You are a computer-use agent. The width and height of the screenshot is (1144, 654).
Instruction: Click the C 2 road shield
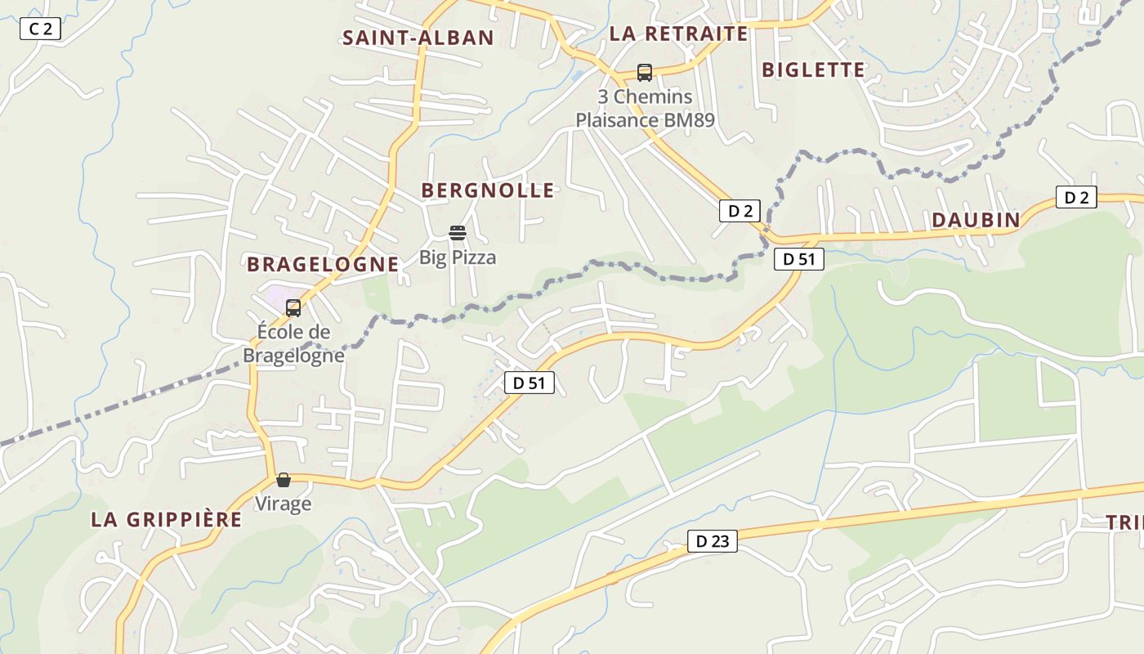pyautogui.click(x=40, y=29)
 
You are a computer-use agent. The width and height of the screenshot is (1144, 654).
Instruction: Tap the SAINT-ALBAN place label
pyautogui.click(x=418, y=38)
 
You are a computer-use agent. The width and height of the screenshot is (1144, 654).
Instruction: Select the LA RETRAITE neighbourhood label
pyautogui.click(x=678, y=34)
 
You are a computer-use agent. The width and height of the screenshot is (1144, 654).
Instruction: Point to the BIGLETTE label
pyautogui.click(x=813, y=70)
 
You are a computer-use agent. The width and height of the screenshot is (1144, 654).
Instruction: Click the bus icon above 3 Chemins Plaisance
pyautogui.click(x=645, y=73)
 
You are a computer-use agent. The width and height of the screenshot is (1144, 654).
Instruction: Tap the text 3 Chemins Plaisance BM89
pyautogui.click(x=645, y=109)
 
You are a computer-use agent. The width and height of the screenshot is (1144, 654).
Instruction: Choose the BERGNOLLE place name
pyautogui.click(x=488, y=190)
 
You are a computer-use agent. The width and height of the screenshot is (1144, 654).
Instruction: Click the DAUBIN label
pyautogui.click(x=976, y=220)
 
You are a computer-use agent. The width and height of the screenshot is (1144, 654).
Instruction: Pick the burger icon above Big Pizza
pyautogui.click(x=457, y=234)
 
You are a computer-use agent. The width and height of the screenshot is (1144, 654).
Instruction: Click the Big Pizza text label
pyautogui.click(x=458, y=258)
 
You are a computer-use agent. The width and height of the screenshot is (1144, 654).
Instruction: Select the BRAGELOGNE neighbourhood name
pyautogui.click(x=323, y=264)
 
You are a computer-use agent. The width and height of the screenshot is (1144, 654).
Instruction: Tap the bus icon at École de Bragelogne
pyautogui.click(x=293, y=308)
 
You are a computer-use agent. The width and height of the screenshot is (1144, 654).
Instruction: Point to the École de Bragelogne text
pyautogui.click(x=293, y=344)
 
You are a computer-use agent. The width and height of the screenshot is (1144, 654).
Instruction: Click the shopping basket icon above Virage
pyautogui.click(x=284, y=480)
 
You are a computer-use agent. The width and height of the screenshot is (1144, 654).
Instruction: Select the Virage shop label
pyautogui.click(x=284, y=504)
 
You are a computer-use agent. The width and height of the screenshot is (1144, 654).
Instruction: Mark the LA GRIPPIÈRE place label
pyautogui.click(x=167, y=520)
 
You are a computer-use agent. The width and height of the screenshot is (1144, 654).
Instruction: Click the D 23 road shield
pyautogui.click(x=712, y=540)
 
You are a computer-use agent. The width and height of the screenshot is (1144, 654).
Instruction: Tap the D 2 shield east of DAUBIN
pyautogui.click(x=1076, y=197)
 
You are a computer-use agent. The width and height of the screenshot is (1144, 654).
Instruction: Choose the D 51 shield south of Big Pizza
pyautogui.click(x=529, y=383)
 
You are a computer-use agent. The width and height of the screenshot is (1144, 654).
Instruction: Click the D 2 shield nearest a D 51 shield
pyautogui.click(x=740, y=211)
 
